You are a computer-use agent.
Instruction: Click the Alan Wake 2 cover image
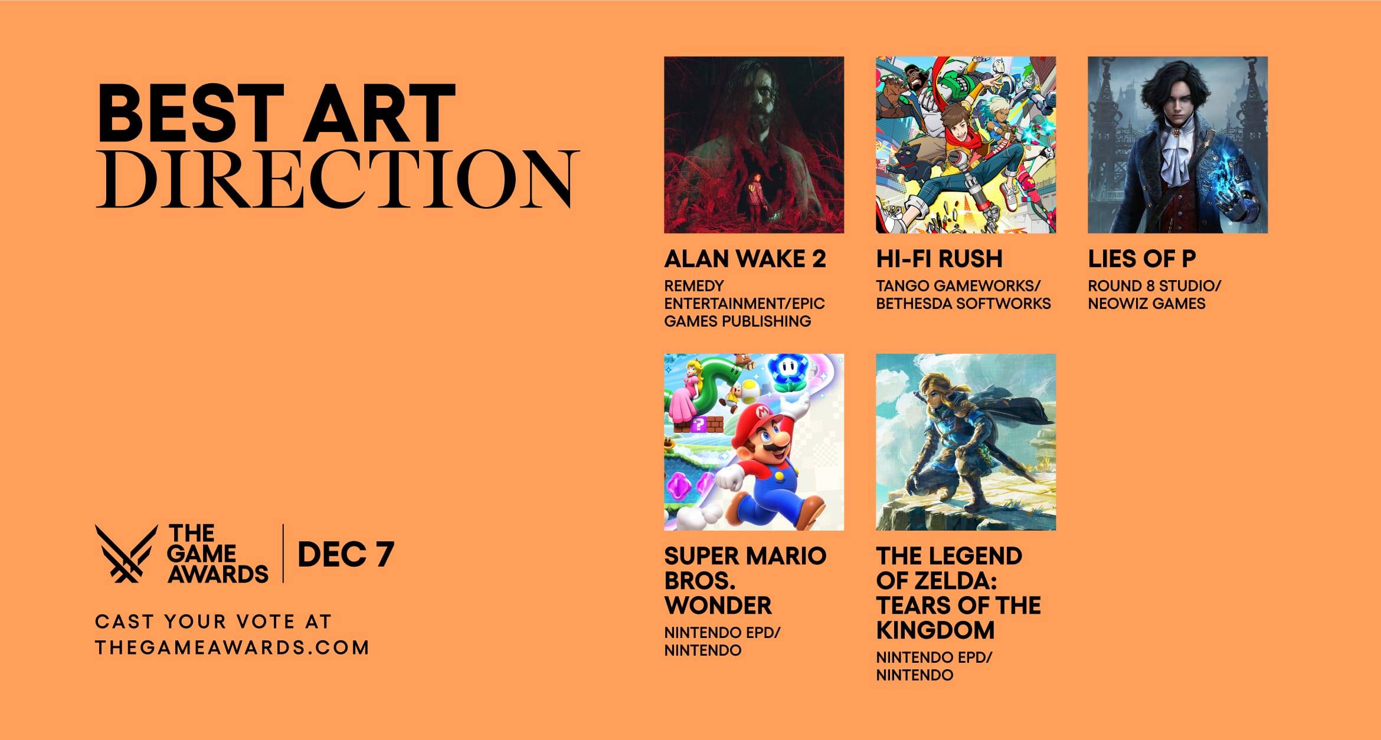(754, 144)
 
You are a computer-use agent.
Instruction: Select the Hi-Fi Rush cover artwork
(966, 144)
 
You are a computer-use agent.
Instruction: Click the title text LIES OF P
(1141, 259)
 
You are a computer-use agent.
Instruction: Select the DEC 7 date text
(345, 554)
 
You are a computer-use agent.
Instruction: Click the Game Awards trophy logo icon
(126, 553)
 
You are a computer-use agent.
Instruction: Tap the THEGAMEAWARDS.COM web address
(231, 647)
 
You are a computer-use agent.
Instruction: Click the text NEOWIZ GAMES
(1146, 304)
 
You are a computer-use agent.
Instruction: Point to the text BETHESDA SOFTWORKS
(963, 304)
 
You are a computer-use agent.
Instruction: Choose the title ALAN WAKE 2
(745, 259)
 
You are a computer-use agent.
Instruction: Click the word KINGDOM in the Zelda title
(935, 630)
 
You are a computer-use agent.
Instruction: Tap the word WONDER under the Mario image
(718, 606)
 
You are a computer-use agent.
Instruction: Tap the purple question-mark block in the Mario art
(699, 424)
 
